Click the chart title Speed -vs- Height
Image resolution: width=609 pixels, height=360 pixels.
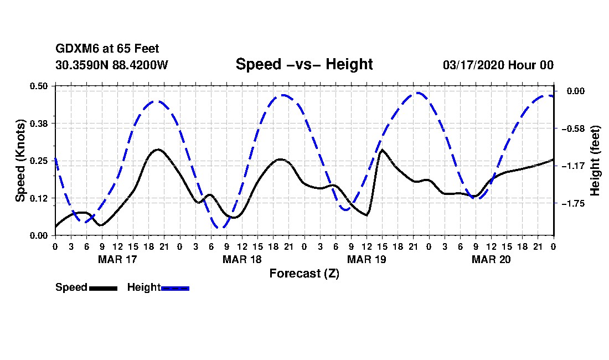[x=304, y=64]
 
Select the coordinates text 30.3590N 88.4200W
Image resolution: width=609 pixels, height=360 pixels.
[x=112, y=65]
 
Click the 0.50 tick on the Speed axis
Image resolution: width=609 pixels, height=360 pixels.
[x=40, y=86]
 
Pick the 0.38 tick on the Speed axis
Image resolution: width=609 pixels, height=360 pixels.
[x=40, y=123]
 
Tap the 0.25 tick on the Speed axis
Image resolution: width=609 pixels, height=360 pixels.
[x=40, y=161]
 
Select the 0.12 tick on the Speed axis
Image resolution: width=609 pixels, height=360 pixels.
[x=40, y=198]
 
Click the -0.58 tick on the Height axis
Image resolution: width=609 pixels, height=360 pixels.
[x=572, y=128]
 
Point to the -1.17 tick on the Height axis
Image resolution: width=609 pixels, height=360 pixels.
[x=572, y=166]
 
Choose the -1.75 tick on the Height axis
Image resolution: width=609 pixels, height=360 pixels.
[x=572, y=203]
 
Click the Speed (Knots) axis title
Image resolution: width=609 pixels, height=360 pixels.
[x=20, y=160]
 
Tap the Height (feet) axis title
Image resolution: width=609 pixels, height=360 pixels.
[x=596, y=161]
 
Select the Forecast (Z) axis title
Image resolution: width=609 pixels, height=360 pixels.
[x=304, y=273]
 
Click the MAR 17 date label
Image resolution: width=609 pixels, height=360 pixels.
[x=117, y=259]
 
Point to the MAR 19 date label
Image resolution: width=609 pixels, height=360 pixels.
[x=367, y=259]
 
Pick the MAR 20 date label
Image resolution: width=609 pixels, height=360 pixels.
[x=491, y=259]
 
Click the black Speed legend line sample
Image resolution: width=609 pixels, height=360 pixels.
[x=103, y=288]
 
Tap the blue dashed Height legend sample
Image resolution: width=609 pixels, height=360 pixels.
[x=175, y=288]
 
